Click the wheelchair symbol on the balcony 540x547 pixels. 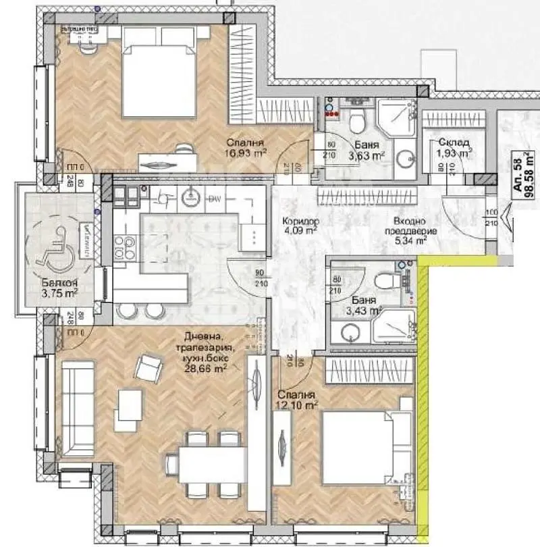pyautogui.click(x=49, y=253)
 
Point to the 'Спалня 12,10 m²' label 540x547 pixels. pyautogui.click(x=297, y=400)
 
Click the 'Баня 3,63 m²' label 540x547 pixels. pyautogui.click(x=367, y=151)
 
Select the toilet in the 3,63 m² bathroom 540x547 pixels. pyautogui.click(x=358, y=122)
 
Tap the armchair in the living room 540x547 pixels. pyautogui.click(x=148, y=369)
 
